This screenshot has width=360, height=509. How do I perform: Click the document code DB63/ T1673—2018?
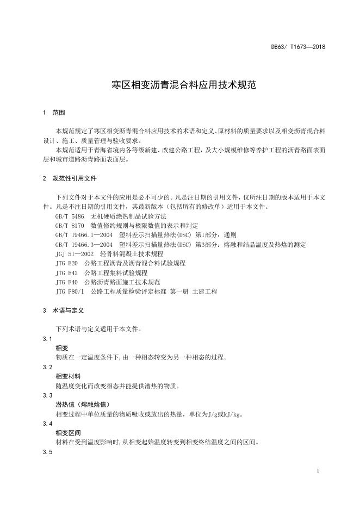(x=298, y=47)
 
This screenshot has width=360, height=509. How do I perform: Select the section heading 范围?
(x=58, y=113)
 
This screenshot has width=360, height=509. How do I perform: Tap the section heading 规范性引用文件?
(x=74, y=178)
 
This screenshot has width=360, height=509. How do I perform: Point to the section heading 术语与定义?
(x=67, y=311)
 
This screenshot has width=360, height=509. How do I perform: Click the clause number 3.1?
(x=47, y=339)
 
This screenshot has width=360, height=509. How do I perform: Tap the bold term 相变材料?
(x=68, y=376)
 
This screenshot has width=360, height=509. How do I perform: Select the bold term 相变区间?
(x=68, y=433)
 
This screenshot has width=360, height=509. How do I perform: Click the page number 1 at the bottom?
(x=317, y=471)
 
